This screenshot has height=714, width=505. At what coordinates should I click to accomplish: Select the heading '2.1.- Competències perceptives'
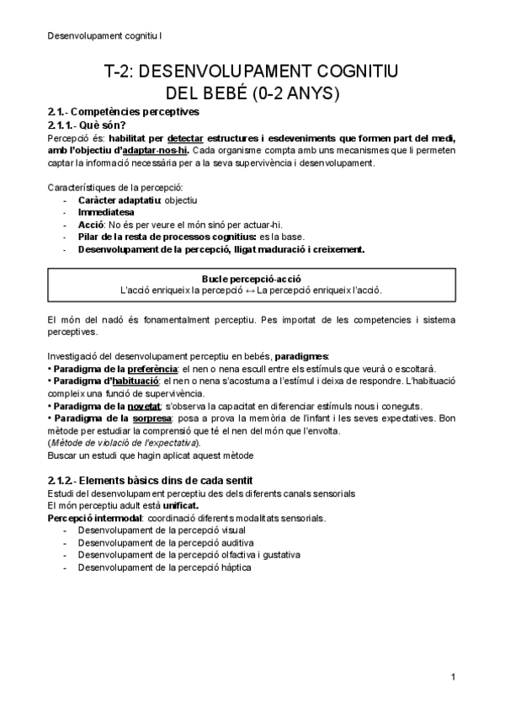(123, 112)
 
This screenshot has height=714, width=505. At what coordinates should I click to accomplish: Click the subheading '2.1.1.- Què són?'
(86, 125)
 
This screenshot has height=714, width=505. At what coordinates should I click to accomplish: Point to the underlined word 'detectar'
(185, 138)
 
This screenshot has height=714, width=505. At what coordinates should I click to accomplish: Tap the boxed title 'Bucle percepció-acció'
(252, 278)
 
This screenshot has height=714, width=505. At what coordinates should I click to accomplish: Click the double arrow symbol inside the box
(249, 290)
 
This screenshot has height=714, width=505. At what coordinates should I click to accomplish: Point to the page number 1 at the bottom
(453, 677)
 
